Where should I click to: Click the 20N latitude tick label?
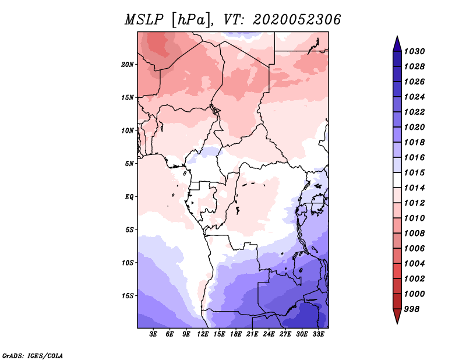click(128, 64)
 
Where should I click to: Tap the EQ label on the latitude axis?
click(129, 196)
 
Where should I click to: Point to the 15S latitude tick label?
click(128, 296)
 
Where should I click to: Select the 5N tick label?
click(129, 164)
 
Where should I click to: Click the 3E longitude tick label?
click(153, 334)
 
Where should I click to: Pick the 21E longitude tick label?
click(252, 334)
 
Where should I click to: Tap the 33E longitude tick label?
click(318, 334)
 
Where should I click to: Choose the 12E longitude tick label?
click(203, 334)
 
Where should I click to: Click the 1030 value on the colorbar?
click(414, 51)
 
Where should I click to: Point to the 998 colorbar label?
click(412, 309)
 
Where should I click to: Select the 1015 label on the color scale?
click(414, 172)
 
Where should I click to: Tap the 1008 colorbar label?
click(414, 234)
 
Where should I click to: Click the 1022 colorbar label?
click(414, 112)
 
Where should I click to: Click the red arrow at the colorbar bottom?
click(397, 316)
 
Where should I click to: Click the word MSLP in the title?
click(144, 20)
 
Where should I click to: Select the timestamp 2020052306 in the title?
click(297, 20)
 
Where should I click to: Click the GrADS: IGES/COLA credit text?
click(33, 355)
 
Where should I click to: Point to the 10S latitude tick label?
click(128, 263)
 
